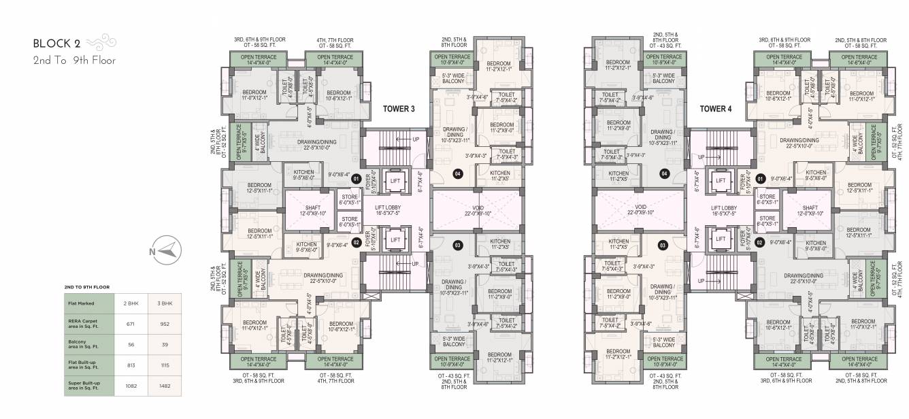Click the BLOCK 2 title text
click(56, 44)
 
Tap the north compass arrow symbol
click(167, 251)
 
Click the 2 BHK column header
click(130, 303)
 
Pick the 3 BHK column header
click(164, 303)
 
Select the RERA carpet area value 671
click(130, 324)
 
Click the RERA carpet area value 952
click(164, 324)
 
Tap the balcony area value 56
click(130, 345)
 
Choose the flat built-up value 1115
click(164, 365)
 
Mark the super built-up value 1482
click(164, 386)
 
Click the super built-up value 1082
click(130, 386)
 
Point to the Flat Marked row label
click(81, 303)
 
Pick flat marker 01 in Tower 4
click(759, 180)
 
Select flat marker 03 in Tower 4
click(662, 245)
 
